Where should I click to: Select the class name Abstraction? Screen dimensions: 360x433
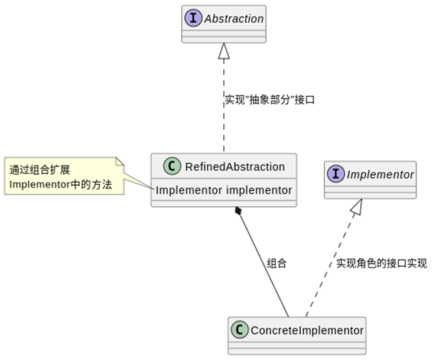click(234, 18)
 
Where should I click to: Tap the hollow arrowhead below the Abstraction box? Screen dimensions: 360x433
click(223, 51)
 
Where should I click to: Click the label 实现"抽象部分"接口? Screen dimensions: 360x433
click(269, 99)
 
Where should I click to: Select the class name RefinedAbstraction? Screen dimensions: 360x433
click(235, 167)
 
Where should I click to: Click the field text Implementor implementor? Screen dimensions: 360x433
click(224, 190)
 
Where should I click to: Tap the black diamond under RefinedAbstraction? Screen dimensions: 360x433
click(238, 210)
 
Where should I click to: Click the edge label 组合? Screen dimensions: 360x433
click(276, 264)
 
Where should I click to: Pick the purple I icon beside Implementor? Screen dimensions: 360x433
click(337, 174)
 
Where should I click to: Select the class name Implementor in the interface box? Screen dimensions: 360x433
click(380, 174)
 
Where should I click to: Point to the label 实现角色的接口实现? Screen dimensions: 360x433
click(381, 264)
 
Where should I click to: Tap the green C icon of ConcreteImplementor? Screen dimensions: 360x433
click(240, 330)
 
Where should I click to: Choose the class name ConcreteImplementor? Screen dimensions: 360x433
click(307, 330)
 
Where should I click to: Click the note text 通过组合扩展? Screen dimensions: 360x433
click(40, 170)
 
